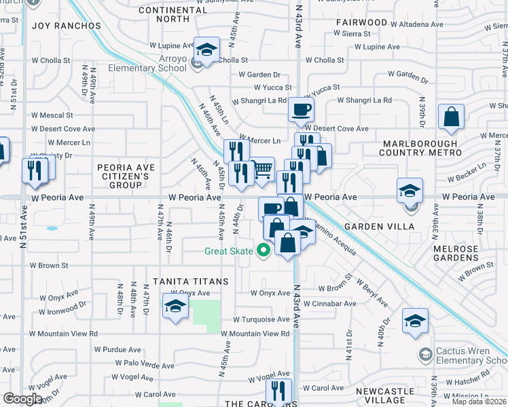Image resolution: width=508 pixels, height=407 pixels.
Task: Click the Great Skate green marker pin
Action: click(x=264, y=251)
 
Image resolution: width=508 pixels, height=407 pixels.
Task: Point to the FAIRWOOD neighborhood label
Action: click(x=361, y=22)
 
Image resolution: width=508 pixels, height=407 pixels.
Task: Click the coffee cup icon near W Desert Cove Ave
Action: click(x=301, y=109)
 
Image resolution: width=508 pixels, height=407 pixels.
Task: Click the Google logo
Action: click(x=22, y=399)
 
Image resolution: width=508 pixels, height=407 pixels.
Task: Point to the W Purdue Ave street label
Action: click(x=117, y=349)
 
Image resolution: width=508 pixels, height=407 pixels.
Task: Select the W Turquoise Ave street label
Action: click(x=261, y=319)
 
